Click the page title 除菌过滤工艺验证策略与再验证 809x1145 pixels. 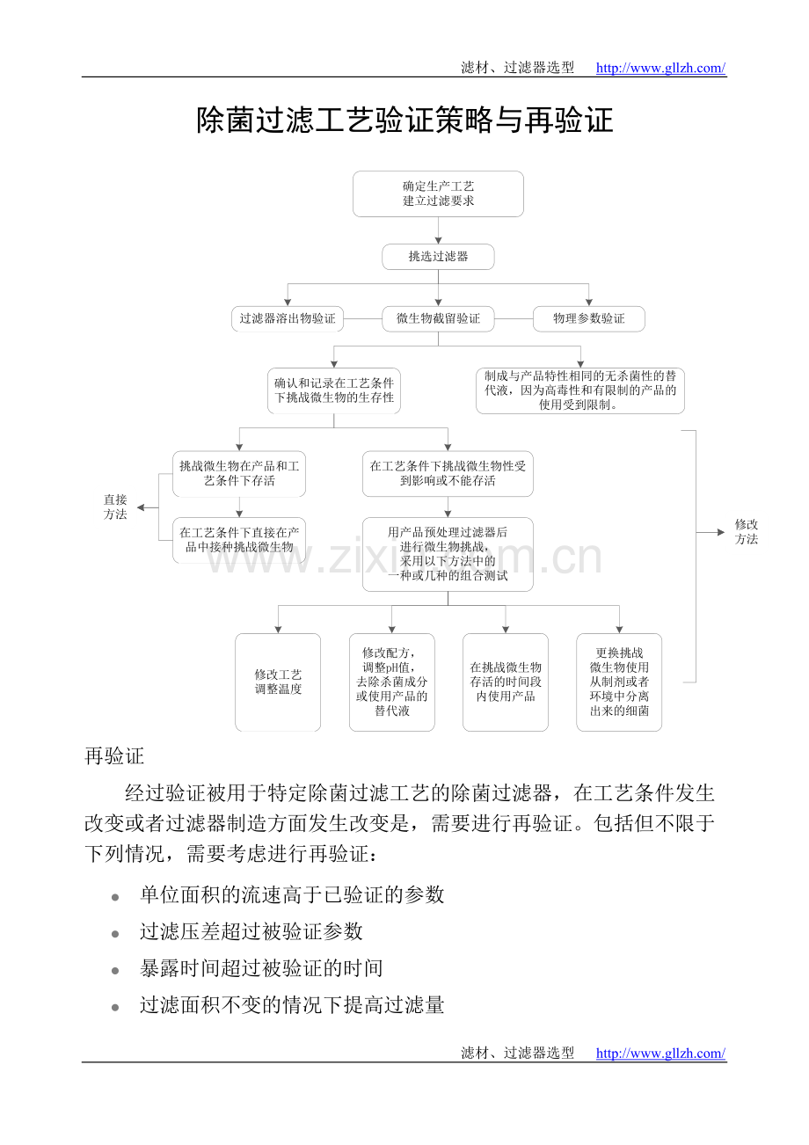(x=404, y=120)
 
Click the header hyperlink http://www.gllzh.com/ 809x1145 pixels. (x=660, y=68)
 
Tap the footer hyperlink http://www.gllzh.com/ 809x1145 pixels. (x=660, y=1053)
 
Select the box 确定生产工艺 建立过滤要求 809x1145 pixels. (x=438, y=193)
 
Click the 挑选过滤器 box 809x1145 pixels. (x=438, y=257)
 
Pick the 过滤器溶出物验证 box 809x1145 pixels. (x=288, y=318)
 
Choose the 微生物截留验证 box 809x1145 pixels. (x=438, y=318)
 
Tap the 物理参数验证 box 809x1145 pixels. (x=588, y=318)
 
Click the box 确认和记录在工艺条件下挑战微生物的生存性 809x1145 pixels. (x=333, y=390)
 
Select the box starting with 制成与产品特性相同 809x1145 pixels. (x=580, y=390)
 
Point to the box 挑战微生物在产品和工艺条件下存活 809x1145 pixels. (x=239, y=474)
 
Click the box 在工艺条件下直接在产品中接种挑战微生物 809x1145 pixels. (x=239, y=540)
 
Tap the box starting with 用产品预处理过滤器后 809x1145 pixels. (x=448, y=554)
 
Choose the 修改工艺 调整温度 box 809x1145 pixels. (x=278, y=682)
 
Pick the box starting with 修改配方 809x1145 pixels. (x=392, y=682)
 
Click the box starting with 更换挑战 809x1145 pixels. (x=619, y=682)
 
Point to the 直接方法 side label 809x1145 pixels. (x=115, y=507)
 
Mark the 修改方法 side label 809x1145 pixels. (x=747, y=532)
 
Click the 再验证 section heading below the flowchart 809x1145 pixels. (x=114, y=756)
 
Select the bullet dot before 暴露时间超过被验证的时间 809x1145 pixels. (x=115, y=971)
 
